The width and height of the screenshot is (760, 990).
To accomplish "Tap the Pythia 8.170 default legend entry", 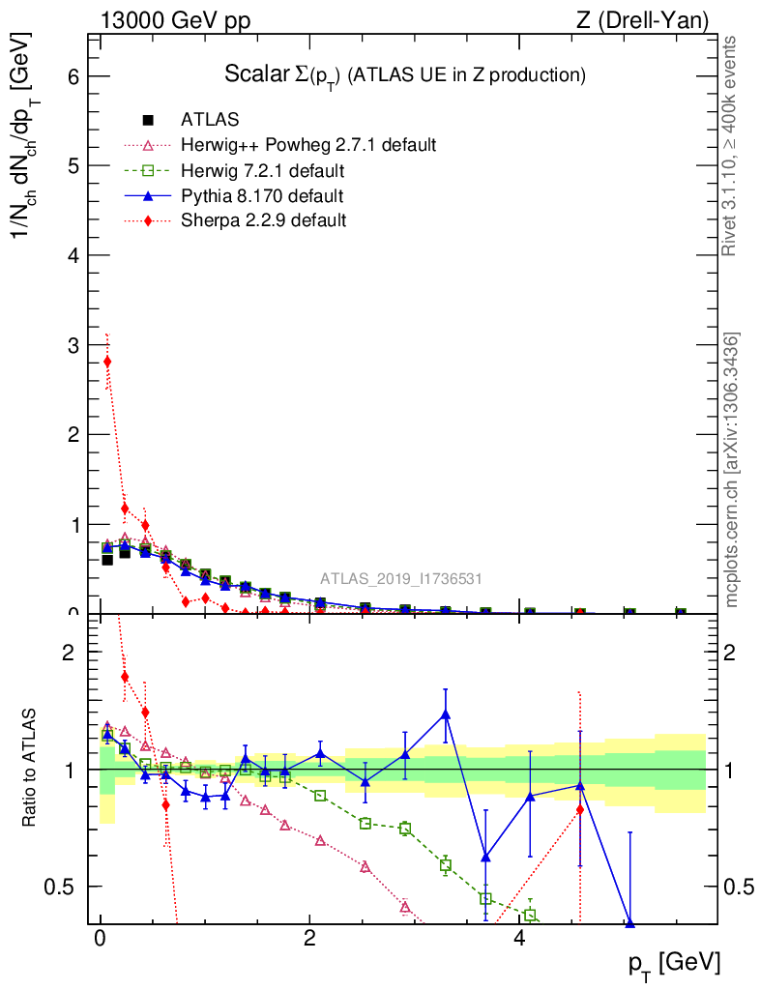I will coord(262,196).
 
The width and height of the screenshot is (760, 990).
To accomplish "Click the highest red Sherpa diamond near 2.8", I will coord(107,362).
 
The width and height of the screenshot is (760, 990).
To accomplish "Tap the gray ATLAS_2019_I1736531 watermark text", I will coord(401,579).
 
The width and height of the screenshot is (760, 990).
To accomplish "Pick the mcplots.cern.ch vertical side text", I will coord(732,470).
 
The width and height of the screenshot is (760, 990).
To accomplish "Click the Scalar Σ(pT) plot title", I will coord(405,74).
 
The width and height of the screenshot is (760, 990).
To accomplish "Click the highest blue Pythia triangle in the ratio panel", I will coord(446,714).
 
